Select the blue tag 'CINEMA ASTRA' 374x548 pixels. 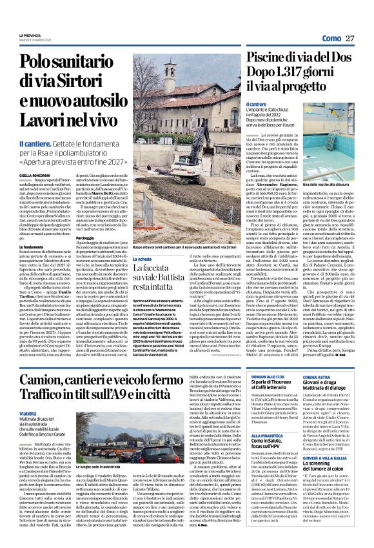(x=326, y=358)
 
